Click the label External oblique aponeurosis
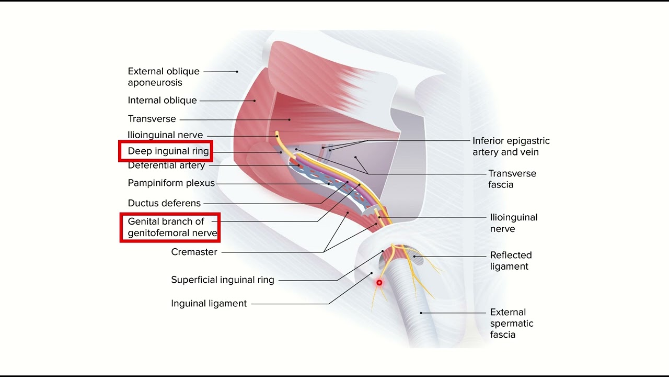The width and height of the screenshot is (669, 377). click(x=164, y=76)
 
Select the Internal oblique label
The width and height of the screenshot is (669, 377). click(x=162, y=100)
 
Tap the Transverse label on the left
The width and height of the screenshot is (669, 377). click(x=152, y=119)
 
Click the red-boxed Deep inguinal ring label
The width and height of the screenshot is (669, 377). click(x=168, y=151)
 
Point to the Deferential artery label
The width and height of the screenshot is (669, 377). click(x=166, y=165)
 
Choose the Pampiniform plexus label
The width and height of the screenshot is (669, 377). click(x=171, y=183)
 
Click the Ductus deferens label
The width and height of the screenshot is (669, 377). click(x=164, y=203)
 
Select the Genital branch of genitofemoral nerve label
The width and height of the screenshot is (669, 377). click(x=172, y=227)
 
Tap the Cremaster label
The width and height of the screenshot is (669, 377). click(x=194, y=252)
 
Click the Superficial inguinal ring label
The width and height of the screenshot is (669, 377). click(x=223, y=280)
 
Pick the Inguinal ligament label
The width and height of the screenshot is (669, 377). click(x=209, y=303)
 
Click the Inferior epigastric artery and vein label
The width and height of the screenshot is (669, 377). click(x=511, y=146)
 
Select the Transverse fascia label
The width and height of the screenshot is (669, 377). click(x=512, y=179)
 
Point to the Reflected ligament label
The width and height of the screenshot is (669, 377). click(x=511, y=261)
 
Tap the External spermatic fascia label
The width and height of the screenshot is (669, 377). click(x=512, y=323)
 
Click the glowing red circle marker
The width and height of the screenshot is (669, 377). click(x=379, y=282)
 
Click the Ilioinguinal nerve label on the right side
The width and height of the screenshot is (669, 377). click(x=514, y=223)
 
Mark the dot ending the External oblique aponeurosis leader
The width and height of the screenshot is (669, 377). click(x=237, y=72)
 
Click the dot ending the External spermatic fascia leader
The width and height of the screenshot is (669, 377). click(x=421, y=313)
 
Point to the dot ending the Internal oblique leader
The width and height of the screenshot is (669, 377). click(x=255, y=101)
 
